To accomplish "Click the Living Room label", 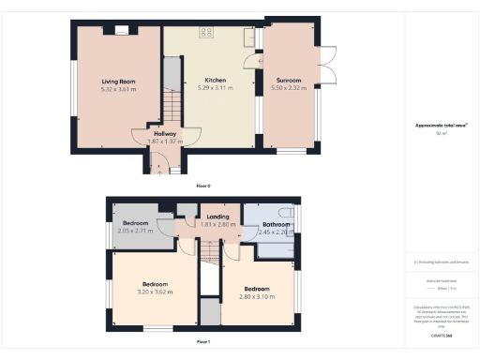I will pos(118,82).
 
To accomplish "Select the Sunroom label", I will pos(289,81).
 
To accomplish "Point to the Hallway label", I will pos(164,134).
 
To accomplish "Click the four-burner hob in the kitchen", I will pos(206,33).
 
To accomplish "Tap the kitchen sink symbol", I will pos(249,37).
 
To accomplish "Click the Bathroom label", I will pos(275,224).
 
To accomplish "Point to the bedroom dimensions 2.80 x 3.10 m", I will pos(257,295).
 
